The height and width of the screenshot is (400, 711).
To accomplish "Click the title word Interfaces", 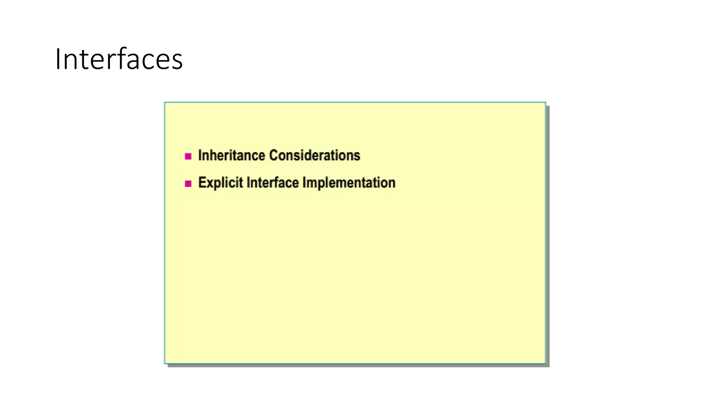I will click(119, 59).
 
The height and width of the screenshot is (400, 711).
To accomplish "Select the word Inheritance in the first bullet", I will click(232, 156).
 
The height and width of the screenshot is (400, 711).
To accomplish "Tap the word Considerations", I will click(315, 156).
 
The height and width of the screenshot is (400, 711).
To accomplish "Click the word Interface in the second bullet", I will click(273, 183).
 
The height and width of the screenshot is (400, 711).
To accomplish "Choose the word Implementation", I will click(349, 183).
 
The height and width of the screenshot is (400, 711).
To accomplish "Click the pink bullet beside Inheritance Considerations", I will click(188, 156).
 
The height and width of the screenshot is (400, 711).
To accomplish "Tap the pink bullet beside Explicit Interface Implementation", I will click(188, 184).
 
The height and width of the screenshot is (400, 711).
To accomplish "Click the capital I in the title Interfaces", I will click(58, 59).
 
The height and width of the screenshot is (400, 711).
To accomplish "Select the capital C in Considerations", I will click(274, 156).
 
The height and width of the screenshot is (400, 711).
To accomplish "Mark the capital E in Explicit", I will click(201, 183).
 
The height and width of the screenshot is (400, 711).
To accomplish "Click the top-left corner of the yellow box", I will click(165, 103).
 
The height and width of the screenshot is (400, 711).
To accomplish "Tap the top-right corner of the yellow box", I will click(545, 103).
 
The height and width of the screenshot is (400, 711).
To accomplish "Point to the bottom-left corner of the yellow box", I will click(165, 363).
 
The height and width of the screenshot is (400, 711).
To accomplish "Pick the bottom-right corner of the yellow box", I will click(545, 363).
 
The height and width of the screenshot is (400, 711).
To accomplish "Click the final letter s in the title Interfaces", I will click(177, 61).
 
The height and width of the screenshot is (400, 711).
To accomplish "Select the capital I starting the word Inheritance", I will click(200, 156).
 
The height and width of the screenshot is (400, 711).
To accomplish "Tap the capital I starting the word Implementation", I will click(304, 183).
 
